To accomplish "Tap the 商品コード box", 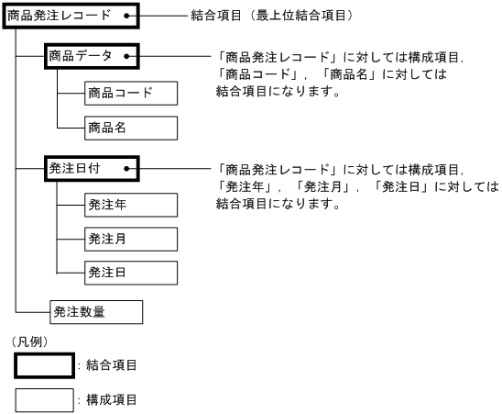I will [129, 93].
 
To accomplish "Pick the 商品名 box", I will [129, 128].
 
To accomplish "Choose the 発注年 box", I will [129, 205].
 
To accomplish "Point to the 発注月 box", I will [129, 239].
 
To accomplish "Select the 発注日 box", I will [129, 273].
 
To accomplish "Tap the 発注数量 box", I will [95, 312].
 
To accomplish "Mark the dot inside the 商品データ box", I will [123, 57].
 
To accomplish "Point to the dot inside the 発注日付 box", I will [123, 170].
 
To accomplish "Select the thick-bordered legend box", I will [45, 366].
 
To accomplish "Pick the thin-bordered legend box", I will [45, 401].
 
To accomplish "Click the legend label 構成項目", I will [111, 401].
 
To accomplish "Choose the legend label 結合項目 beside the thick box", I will [111, 366].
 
